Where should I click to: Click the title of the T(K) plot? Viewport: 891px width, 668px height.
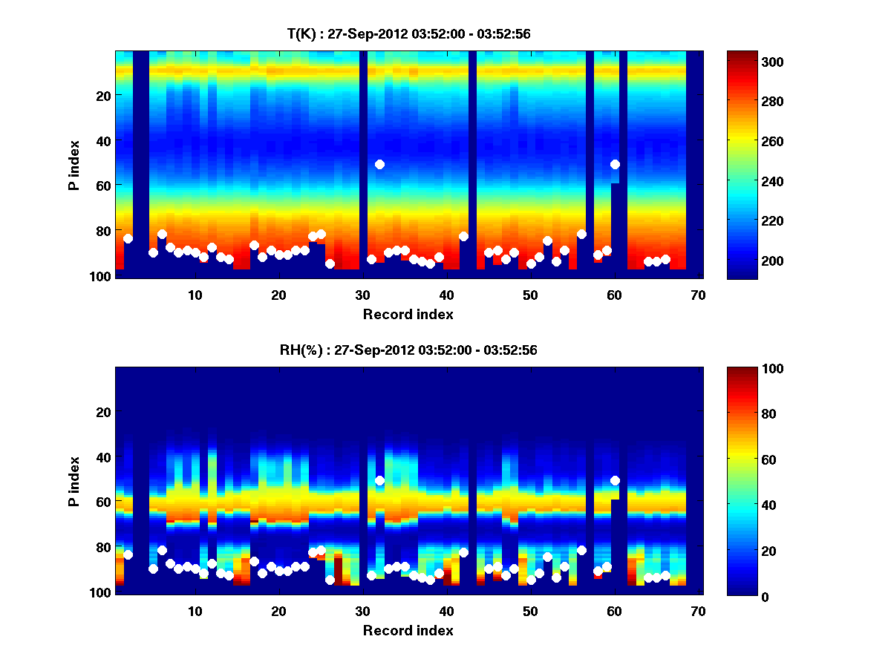point(408,33)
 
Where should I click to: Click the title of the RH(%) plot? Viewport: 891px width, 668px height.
point(408,350)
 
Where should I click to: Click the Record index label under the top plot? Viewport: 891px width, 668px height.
point(408,314)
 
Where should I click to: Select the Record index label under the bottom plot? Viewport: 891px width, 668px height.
point(408,630)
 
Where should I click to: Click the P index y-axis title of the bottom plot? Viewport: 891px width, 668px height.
point(74,481)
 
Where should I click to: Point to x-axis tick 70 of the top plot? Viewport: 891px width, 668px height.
point(698,295)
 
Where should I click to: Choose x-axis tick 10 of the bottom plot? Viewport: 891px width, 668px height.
point(195,611)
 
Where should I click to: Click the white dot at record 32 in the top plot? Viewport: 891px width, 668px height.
point(379,164)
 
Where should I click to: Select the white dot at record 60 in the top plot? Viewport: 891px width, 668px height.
point(615,164)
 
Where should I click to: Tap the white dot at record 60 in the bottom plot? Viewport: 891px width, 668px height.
point(615,480)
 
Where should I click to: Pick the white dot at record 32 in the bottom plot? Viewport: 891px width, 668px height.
point(379,480)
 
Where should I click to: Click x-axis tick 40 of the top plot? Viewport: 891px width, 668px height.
point(446,295)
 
